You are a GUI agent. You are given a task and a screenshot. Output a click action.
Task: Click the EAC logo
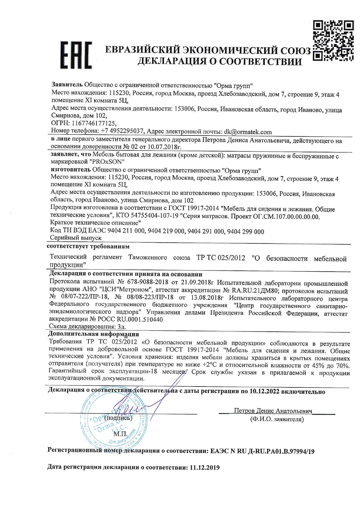click(76, 55)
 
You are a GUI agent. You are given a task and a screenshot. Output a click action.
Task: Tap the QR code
click(333, 41)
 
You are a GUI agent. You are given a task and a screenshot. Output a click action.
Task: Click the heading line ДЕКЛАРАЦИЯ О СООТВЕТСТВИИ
click(219, 62)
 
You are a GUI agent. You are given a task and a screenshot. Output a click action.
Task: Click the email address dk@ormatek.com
click(248, 132)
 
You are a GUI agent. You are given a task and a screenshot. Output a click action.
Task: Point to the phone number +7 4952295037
click(122, 131)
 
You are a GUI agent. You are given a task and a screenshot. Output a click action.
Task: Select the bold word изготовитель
click(71, 170)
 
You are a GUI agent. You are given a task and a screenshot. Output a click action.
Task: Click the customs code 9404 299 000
click(246, 231)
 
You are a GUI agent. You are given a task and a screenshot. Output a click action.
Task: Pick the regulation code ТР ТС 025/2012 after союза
click(221, 258)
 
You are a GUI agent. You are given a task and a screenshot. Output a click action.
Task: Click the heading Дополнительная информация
click(93, 334)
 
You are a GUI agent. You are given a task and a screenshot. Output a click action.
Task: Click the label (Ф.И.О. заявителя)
click(277, 419)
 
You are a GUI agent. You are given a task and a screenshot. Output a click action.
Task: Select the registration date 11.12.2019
click(205, 468)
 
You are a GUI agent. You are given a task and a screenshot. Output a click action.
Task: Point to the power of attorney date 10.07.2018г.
click(158, 147)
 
